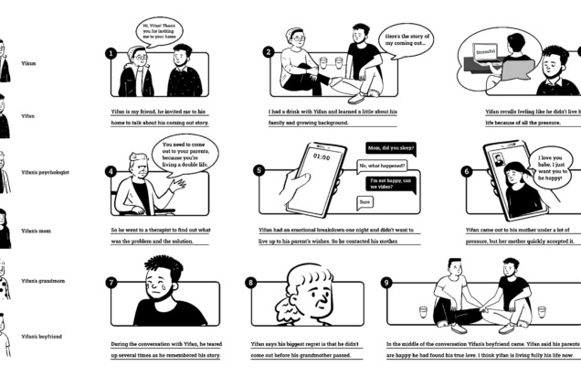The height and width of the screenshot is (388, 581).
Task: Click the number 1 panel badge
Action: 111,53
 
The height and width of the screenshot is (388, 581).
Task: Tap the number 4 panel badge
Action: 111,170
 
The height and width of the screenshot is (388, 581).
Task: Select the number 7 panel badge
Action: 111,282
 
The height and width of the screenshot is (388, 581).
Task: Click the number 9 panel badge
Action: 387,282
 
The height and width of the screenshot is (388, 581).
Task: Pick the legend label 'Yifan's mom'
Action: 37,231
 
